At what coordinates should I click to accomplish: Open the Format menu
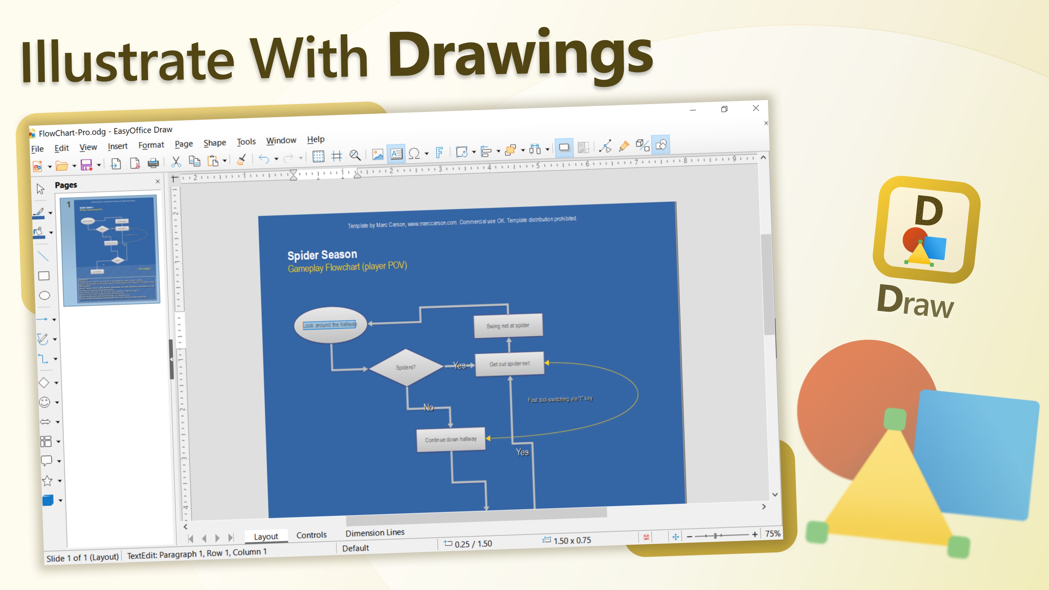tap(151, 145)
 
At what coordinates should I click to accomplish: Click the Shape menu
tap(215, 143)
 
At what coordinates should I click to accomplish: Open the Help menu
tap(316, 139)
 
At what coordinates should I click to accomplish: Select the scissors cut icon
tap(176, 162)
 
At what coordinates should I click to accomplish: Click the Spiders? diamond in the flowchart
tap(406, 367)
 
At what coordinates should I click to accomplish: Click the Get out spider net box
tap(509, 364)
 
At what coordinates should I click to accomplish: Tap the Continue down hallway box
tap(450, 439)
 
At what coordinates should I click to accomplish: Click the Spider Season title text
tap(322, 255)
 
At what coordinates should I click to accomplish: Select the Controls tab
tap(311, 535)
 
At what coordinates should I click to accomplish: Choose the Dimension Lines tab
tap(375, 533)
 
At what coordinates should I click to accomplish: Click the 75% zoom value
tap(773, 533)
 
